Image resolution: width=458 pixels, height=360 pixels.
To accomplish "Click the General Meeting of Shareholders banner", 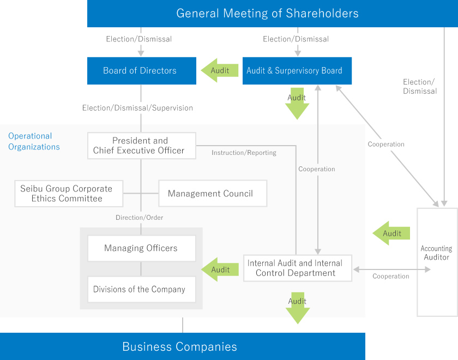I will point(267,14).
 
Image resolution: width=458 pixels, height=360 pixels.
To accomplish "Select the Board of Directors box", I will point(141,71).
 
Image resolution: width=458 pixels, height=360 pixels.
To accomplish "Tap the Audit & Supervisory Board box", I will point(297,71).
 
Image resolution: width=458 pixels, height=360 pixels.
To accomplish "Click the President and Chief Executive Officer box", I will point(141,146).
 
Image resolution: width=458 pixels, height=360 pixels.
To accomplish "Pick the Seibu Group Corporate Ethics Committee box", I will point(67,194).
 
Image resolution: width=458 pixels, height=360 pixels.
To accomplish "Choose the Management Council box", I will point(212,194).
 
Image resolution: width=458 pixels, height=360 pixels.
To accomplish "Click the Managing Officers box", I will point(141,248).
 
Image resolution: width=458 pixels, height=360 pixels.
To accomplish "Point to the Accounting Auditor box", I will point(437,262).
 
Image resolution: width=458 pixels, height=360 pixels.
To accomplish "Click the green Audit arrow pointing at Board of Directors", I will point(220,70).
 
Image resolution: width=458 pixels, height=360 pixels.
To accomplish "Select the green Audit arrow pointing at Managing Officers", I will point(220,269).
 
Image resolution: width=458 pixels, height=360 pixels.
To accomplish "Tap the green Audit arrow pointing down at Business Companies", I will point(297,308).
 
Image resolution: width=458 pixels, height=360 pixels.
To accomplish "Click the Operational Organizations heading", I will point(34,141).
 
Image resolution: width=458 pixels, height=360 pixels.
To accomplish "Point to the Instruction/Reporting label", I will point(244,153).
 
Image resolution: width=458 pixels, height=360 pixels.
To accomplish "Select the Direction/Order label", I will point(139,218).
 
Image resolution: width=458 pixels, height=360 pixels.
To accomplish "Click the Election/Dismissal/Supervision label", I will point(137,108).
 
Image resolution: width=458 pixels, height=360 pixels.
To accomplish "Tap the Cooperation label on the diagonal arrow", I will point(386,145).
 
